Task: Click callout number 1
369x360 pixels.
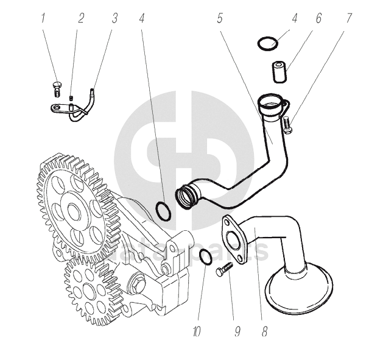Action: [x=43, y=18]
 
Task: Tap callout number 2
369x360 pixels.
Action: [x=81, y=18]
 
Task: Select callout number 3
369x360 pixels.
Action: [x=114, y=18]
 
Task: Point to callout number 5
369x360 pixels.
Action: [x=219, y=18]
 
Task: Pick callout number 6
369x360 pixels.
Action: [x=318, y=18]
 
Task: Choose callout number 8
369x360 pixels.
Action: [x=265, y=333]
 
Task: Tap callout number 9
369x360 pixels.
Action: [x=237, y=333]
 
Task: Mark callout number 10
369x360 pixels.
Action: [x=196, y=333]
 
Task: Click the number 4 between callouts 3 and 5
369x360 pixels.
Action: [x=142, y=18]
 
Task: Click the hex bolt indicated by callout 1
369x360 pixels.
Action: [x=57, y=88]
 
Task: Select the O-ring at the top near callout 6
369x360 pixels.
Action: [x=267, y=43]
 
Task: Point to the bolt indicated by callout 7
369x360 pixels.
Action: [x=287, y=124]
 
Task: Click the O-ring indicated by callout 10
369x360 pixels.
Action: [x=205, y=257]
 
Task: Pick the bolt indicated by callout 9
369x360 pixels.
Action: [x=225, y=269]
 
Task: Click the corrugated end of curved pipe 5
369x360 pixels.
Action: [x=186, y=196]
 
